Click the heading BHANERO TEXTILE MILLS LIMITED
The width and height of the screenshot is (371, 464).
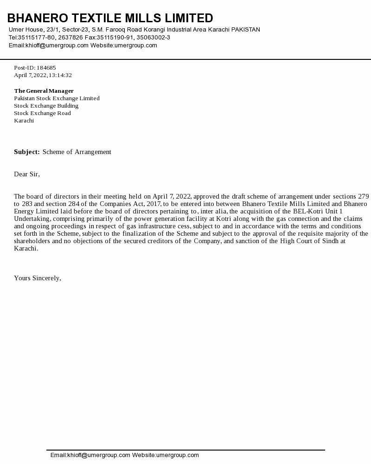coord(110,18)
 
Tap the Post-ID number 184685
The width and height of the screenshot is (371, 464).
coord(46,68)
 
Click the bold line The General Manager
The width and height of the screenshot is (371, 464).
coord(44,91)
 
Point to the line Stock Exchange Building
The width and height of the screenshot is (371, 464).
coord(46,106)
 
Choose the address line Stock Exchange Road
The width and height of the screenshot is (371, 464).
coord(42,113)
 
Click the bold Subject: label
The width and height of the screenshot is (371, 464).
coord(26,152)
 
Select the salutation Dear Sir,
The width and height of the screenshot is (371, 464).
coord(27,174)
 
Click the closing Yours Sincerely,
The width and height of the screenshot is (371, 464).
coord(38,278)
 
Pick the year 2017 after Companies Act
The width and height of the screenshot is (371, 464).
coord(154,204)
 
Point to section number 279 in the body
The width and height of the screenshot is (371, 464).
coord(363,196)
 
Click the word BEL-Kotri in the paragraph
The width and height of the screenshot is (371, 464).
coord(307,211)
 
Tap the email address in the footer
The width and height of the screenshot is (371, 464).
coord(90,455)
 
